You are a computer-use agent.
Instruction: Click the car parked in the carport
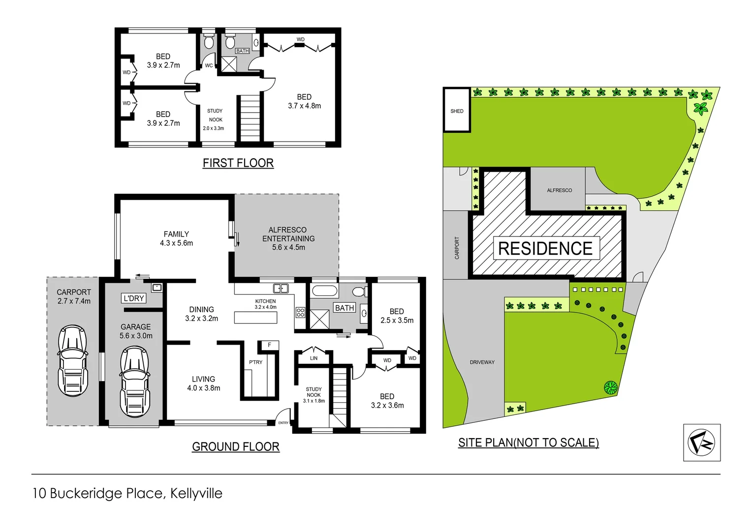pyautogui.click(x=73, y=360)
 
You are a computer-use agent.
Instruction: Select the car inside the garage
pyautogui.click(x=135, y=382)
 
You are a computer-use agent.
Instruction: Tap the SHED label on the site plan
pyautogui.click(x=457, y=111)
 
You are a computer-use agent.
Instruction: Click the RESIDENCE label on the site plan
pyautogui.click(x=545, y=248)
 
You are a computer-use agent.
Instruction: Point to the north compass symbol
pyautogui.click(x=701, y=442)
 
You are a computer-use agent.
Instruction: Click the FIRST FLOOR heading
pyautogui.click(x=238, y=163)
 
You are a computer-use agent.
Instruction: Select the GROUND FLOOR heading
pyautogui.click(x=236, y=446)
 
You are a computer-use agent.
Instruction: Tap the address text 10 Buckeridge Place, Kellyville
pyautogui.click(x=127, y=493)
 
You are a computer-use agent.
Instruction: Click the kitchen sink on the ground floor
pyautogui.click(x=281, y=289)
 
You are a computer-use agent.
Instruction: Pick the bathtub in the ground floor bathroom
pyautogui.click(x=325, y=291)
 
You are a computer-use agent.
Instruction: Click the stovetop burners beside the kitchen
pyautogui.click(x=300, y=312)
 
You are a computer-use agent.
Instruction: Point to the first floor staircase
pyautogui.click(x=250, y=118)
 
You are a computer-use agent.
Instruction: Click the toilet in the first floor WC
pyautogui.click(x=209, y=42)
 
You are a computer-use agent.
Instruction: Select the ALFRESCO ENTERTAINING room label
pyautogui.click(x=288, y=238)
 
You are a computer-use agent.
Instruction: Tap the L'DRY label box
pyautogui.click(x=133, y=298)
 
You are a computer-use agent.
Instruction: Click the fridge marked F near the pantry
pyautogui.click(x=269, y=345)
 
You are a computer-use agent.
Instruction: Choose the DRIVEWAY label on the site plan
pyautogui.click(x=482, y=362)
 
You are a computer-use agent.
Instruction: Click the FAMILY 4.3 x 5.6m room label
pyautogui.click(x=176, y=238)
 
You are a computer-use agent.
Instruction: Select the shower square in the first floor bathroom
pyautogui.click(x=229, y=64)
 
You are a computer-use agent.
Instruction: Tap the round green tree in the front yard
pyautogui.click(x=610, y=387)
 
